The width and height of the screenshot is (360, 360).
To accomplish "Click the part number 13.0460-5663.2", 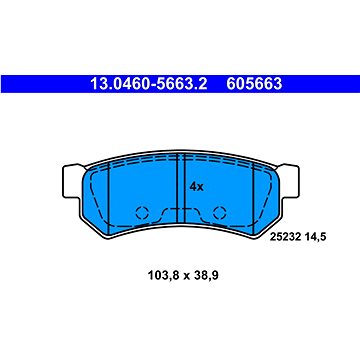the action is point(149,84).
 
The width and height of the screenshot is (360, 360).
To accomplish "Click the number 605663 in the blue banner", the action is point(254,84).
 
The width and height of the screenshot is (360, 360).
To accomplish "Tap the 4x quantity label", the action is point(196,187).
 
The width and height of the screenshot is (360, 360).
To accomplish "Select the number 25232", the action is point(281,237).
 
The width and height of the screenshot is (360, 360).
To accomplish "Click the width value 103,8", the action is point(159,276).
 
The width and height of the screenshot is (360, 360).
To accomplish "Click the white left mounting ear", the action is point(72,182).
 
